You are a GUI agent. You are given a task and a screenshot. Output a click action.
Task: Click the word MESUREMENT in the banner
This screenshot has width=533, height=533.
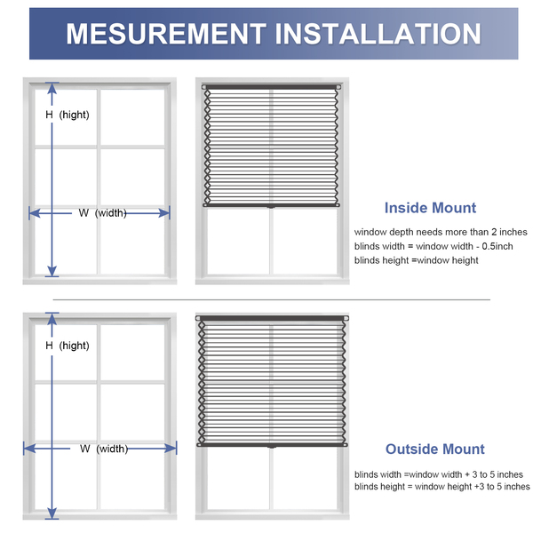point(166,34)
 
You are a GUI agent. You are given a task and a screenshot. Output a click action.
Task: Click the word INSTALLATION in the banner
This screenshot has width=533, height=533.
point(378,34)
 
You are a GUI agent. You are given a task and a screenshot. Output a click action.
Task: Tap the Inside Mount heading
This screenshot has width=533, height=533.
point(430,208)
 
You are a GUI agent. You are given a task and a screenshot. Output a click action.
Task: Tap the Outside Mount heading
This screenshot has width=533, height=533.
point(434,449)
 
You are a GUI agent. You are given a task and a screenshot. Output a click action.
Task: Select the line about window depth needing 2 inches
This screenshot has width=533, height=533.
point(441,232)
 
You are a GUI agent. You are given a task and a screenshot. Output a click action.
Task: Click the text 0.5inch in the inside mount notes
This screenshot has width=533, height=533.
point(497,246)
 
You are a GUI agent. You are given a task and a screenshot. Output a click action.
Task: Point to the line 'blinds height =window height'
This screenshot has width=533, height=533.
point(416,260)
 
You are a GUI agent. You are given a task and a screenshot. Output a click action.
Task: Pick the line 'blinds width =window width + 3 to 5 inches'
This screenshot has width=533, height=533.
point(439,474)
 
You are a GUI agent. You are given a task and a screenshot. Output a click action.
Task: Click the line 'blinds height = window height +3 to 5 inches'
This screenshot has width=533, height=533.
point(442,487)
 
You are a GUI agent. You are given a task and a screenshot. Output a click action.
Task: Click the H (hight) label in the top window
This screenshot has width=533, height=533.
point(68,115)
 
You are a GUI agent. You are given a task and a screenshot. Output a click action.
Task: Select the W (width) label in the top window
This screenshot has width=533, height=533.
point(103,213)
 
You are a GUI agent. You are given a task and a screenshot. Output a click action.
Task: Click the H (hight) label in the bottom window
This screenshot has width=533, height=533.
point(68,346)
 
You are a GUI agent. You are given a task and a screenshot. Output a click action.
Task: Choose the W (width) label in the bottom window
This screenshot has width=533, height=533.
point(104,449)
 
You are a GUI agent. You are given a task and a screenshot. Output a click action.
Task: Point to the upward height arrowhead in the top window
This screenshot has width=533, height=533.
point(52,88)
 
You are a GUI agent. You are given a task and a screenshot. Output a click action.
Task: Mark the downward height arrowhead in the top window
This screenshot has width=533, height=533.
point(52,271)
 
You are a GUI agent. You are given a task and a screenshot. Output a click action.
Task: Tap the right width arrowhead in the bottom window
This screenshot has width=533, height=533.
point(171,449)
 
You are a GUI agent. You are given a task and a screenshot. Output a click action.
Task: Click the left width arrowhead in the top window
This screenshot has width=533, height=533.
point(35,213)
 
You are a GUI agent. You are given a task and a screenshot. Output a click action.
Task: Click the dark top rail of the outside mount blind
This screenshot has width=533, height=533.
point(272,318)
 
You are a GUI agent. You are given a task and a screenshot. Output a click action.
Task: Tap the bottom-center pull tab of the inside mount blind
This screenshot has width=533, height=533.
point(271,207)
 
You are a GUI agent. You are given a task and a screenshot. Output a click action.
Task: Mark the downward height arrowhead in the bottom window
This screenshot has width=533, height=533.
point(52,513)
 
